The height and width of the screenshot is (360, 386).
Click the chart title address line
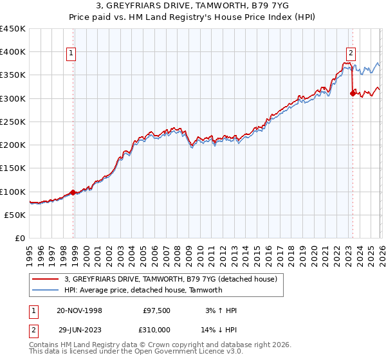pos(193,6)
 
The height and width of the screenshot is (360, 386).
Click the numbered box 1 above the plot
pos(71,53)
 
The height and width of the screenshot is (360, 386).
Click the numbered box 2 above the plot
pos(351,53)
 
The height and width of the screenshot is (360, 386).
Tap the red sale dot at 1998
pos(73,192)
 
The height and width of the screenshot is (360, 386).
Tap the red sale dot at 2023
pos(353,94)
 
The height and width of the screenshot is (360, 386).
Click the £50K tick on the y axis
pos(15,215)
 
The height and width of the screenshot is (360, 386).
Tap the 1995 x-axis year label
pos(29,253)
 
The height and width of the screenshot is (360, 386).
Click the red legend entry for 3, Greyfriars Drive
pos(170,279)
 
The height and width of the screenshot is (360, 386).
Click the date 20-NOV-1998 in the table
pos(79,310)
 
